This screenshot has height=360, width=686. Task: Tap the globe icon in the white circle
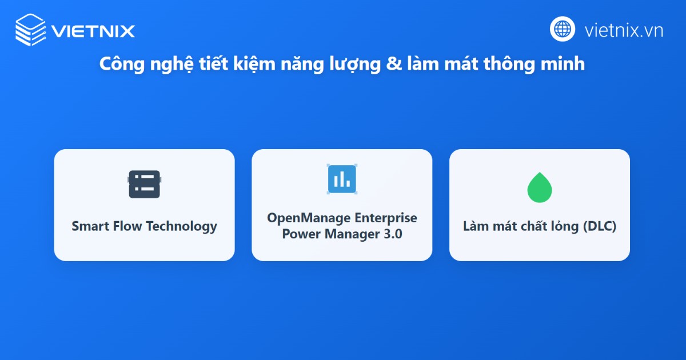563,29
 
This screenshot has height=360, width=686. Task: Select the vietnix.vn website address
624,30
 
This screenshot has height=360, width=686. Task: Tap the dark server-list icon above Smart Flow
144,184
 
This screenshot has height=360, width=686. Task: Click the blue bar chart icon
342,179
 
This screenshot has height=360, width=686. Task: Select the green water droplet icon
540,187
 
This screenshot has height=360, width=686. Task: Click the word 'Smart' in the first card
90,226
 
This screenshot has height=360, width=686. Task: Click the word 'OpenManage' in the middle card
308,218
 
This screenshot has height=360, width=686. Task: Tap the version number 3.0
390,234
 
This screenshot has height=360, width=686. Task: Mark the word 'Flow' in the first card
126,226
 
